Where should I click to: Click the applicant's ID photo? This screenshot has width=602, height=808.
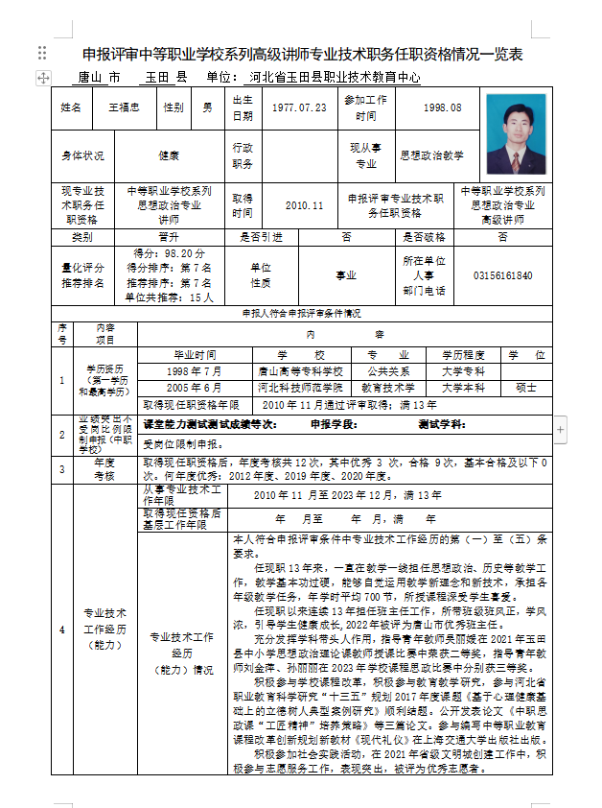pos(516,133)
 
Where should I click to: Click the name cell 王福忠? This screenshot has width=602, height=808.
pos(124,107)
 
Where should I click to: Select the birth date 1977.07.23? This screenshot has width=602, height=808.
pos(298,107)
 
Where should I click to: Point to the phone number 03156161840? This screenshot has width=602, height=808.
pos(502,276)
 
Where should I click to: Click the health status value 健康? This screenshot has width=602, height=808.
pos(169,154)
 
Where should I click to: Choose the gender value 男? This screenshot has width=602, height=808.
pos(207,107)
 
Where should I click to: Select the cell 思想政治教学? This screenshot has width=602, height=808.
pos(431,154)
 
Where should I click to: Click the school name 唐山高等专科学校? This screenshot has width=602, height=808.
pos(300,370)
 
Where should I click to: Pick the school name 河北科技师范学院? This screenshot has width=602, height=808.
pos(300,388)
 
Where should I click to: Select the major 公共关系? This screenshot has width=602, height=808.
pos(392,370)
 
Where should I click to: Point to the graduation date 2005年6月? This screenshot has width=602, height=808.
pos(194,388)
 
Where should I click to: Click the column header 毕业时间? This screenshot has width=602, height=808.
pos(194,354)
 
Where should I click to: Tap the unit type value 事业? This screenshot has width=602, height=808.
pos(345,276)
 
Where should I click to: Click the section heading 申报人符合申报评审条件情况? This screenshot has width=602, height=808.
pos(300,313)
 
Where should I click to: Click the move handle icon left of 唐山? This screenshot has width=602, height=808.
pos(43,77)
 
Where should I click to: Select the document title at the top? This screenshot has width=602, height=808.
pos(302,54)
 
